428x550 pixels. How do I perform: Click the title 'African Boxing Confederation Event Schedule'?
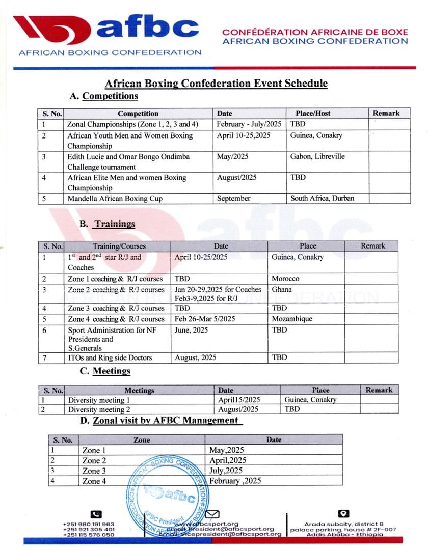(216, 84)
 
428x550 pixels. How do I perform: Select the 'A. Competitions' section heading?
(104, 96)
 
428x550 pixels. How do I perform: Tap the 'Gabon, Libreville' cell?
(317, 156)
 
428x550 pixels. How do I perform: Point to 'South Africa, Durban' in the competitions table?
(322, 198)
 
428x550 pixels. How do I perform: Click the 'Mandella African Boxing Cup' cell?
(115, 198)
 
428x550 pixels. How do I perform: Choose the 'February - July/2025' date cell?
(249, 124)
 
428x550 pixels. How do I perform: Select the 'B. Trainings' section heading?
(108, 224)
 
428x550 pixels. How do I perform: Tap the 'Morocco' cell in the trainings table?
(285, 279)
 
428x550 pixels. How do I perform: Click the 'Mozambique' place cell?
(292, 319)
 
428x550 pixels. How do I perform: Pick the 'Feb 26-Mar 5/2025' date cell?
(205, 319)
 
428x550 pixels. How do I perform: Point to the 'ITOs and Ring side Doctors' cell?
(110, 358)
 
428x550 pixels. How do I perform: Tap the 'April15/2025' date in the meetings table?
(239, 400)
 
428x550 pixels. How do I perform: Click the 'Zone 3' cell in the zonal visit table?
(94, 471)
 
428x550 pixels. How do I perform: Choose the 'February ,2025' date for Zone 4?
(235, 481)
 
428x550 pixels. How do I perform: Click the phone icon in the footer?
(96, 514)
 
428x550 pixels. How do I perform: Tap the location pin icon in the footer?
(343, 514)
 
